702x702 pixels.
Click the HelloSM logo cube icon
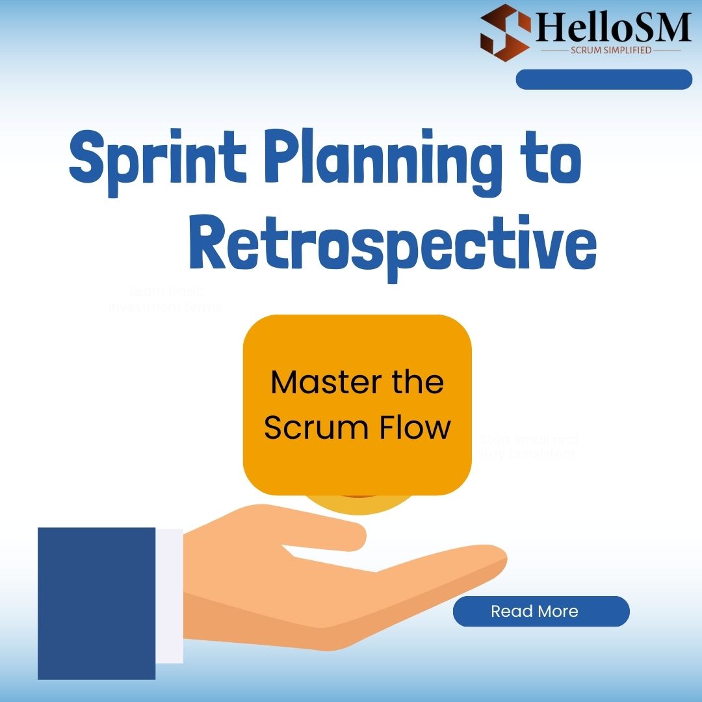point(505,32)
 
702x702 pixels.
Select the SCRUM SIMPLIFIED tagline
point(610,50)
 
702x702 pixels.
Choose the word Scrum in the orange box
point(302,428)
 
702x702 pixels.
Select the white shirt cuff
point(170,595)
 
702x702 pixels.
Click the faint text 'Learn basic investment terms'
point(166,299)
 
